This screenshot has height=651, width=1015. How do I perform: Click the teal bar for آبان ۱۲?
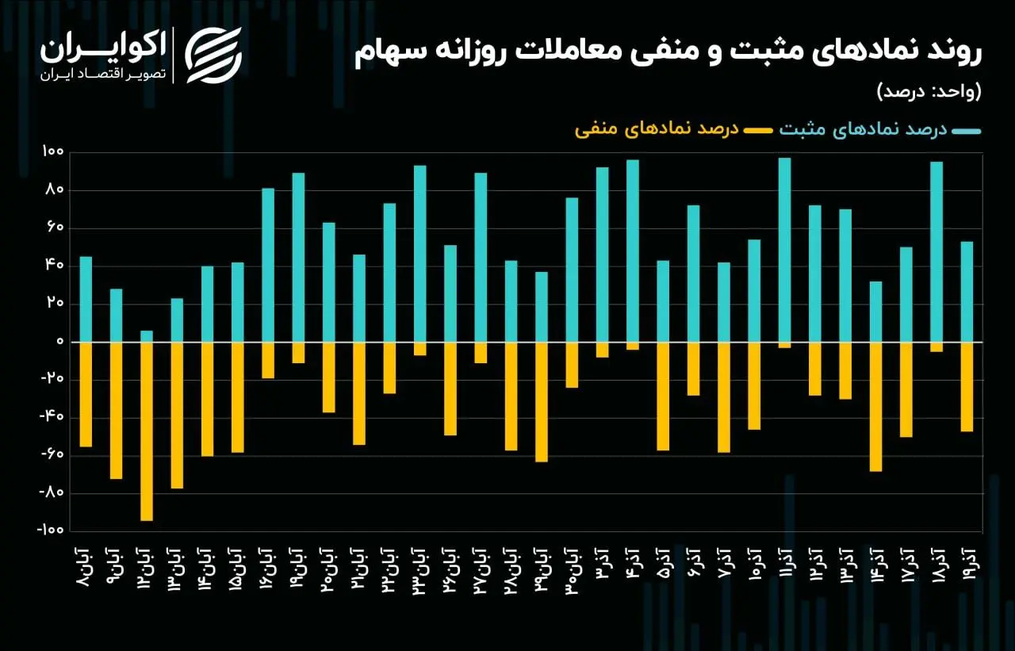147,336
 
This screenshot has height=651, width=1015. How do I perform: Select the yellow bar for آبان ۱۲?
147,431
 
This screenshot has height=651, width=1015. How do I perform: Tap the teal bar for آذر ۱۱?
784,250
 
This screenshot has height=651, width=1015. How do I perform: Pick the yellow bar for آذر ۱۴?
875,407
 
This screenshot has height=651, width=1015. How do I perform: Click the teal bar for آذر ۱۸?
936,252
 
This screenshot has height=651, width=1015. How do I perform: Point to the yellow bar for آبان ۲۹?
542,402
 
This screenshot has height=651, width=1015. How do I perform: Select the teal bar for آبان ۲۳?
420,254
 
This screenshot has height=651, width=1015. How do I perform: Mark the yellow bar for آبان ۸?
86,394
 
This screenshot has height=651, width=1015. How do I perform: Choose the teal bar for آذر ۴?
633,251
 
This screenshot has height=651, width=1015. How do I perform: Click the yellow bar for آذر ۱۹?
967,387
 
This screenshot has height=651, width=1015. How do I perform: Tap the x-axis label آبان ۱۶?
268,567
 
